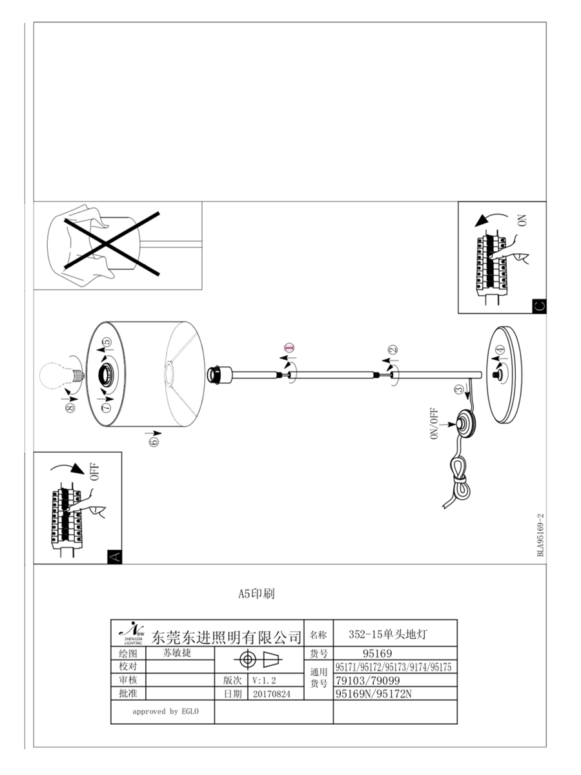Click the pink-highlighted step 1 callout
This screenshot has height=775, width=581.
(289, 347)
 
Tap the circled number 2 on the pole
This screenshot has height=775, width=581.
(392, 349)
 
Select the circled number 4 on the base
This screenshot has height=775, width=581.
(500, 349)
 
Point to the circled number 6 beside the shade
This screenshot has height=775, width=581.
(154, 441)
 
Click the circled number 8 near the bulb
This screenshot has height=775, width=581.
(70, 408)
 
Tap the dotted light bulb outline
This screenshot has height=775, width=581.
(62, 375)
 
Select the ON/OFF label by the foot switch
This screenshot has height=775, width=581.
(434, 424)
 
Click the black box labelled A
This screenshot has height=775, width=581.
(114, 557)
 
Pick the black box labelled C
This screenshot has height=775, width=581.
(538, 306)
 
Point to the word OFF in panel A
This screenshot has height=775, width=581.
(94, 471)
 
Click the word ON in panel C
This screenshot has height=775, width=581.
(522, 220)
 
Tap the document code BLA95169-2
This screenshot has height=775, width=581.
(540, 535)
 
